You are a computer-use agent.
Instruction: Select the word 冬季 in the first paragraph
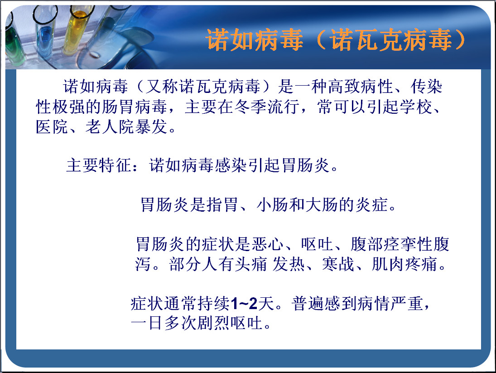(250, 107)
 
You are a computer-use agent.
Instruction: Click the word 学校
(416, 107)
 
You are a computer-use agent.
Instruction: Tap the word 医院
(52, 127)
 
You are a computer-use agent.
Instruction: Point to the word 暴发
(151, 127)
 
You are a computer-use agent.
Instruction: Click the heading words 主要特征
(99, 165)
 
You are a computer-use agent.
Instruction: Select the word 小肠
(273, 205)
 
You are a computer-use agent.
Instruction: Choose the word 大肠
(322, 205)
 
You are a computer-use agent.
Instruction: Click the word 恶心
(268, 244)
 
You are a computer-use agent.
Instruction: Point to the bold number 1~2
(244, 304)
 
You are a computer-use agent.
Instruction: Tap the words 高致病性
(361, 87)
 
